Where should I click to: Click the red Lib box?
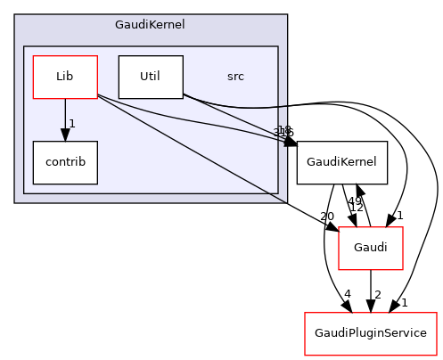point(64,77)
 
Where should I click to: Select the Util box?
point(150,77)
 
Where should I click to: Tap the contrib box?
point(64,162)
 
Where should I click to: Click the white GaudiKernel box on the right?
point(341,162)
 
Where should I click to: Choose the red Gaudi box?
point(371,248)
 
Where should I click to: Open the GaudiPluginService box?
point(371,333)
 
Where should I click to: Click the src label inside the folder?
point(235,77)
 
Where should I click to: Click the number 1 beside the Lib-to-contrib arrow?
point(71,123)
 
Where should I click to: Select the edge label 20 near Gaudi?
point(326,217)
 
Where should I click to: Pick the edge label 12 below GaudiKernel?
point(356,208)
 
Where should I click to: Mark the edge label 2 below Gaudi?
point(378,294)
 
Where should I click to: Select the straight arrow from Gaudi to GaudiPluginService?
point(371,290)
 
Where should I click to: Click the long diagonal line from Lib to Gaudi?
point(214,160)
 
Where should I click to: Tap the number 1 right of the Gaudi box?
point(401,216)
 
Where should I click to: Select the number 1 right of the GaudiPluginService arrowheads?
point(404,302)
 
